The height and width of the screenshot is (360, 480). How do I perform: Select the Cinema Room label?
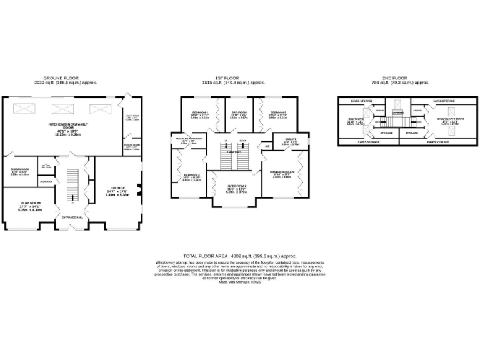(x=20, y=169)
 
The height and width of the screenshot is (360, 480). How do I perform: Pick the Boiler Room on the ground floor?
(x=131, y=147)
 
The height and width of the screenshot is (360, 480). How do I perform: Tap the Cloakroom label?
(x=46, y=181)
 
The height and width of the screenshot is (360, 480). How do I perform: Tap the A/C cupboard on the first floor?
(x=267, y=146)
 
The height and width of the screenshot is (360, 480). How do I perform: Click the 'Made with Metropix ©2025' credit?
(x=239, y=282)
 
